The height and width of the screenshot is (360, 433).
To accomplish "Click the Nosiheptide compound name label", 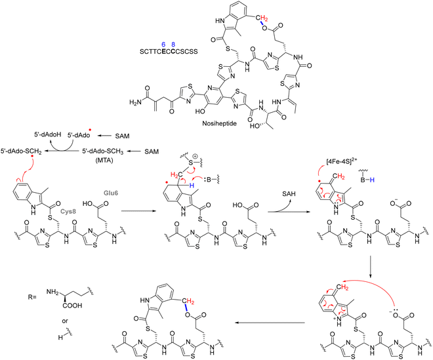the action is pos(219,123).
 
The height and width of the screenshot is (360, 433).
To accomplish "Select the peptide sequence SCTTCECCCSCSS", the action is pos(169,52).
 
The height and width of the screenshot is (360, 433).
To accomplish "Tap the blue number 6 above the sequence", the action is pos(163,44).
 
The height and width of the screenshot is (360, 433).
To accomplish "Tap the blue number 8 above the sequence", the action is pos(173,44).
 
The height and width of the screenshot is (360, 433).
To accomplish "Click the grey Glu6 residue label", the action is pos(111,193).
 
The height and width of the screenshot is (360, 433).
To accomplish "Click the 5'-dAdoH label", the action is pos(43,136).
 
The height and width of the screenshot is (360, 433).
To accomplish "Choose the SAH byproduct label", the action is pos(289,193).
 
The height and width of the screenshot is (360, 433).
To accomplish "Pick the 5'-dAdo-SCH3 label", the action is pos(102,151).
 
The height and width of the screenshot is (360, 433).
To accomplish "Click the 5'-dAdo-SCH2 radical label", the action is pos(21,151).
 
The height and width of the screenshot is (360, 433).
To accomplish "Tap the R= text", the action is pos(32,297).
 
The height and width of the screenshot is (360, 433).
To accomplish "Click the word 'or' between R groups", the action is pos(65,321).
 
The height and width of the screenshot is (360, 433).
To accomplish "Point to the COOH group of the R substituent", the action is pos(72,306).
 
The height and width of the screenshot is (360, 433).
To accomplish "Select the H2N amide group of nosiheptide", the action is pos(135,102).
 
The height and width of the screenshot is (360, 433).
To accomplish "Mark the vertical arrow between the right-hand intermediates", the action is pos(370,267).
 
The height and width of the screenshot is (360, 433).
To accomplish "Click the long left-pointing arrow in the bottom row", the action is pos(270,323).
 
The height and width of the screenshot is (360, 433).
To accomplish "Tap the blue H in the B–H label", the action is pos(372,180).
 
